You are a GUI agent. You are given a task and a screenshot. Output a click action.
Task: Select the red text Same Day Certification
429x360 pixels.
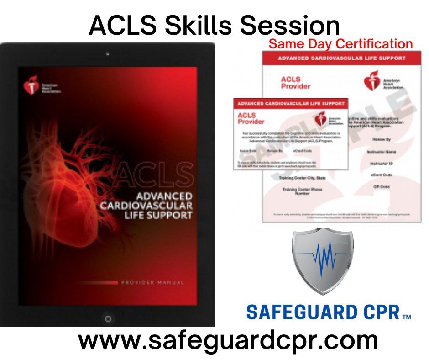pyautogui.click(x=340, y=44)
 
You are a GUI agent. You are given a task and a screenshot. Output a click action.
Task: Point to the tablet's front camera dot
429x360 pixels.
pyautogui.click(x=107, y=54)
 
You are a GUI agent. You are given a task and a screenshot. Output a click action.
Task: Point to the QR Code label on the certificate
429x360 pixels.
pyautogui.click(x=381, y=186)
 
